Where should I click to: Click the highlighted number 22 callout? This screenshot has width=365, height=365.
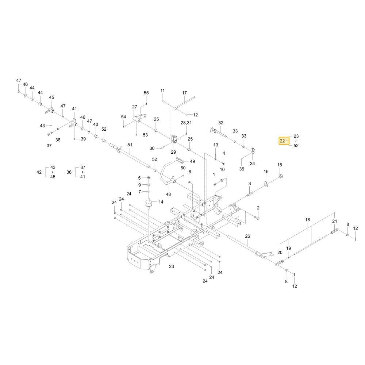coord(282,141)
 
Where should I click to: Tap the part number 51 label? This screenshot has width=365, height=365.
coord(130,145)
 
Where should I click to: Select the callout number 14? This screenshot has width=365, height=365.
coord(161,202)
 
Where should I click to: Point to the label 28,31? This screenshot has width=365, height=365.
coord(186,123)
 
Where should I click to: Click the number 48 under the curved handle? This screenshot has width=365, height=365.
coord(168,194)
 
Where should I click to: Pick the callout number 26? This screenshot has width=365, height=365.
coord(247,236)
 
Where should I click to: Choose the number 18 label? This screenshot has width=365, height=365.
coord(307,220)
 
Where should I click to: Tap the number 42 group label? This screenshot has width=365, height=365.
coord(39,172)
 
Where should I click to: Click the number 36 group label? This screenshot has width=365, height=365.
coord(69,172)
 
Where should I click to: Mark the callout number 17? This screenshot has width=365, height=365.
coord(184,93)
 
